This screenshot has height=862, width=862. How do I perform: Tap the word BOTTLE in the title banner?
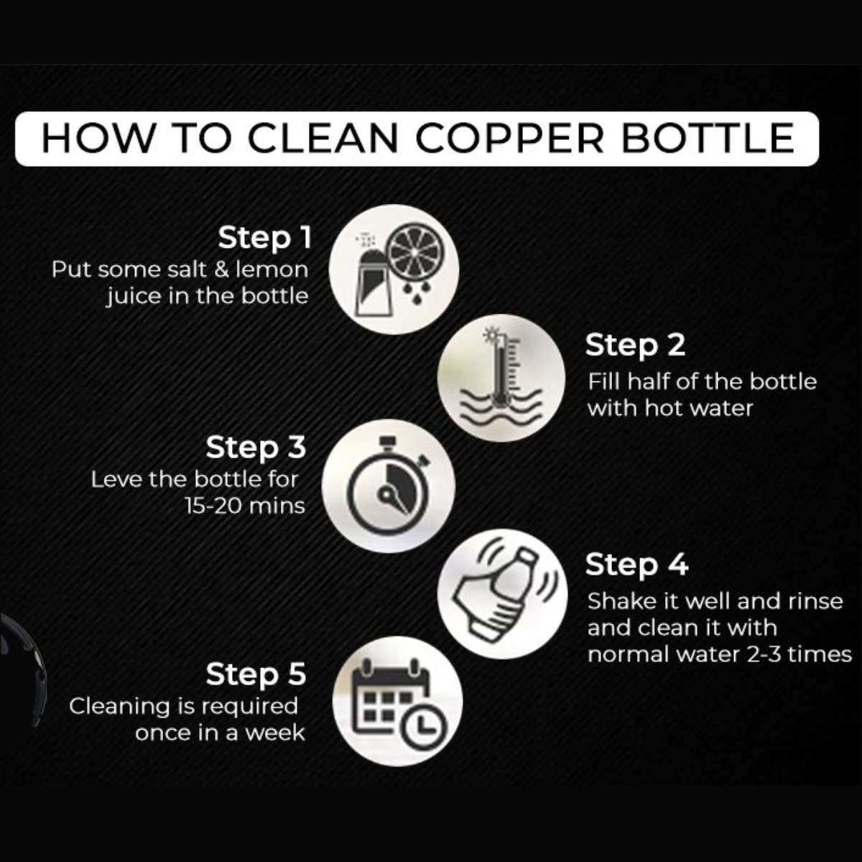pos(708,138)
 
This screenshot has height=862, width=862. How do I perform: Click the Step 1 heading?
pos(264,238)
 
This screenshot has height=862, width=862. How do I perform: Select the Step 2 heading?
pos(635,346)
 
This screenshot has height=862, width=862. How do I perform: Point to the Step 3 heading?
pos(256,448)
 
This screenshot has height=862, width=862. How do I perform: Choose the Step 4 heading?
pos(636,565)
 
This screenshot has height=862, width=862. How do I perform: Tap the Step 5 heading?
pos(256,674)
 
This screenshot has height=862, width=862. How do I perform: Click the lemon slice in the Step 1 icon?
pos(415,253)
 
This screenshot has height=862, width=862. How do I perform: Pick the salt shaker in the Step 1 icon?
pos(374,283)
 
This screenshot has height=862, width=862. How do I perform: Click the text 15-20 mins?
pos(245,506)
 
